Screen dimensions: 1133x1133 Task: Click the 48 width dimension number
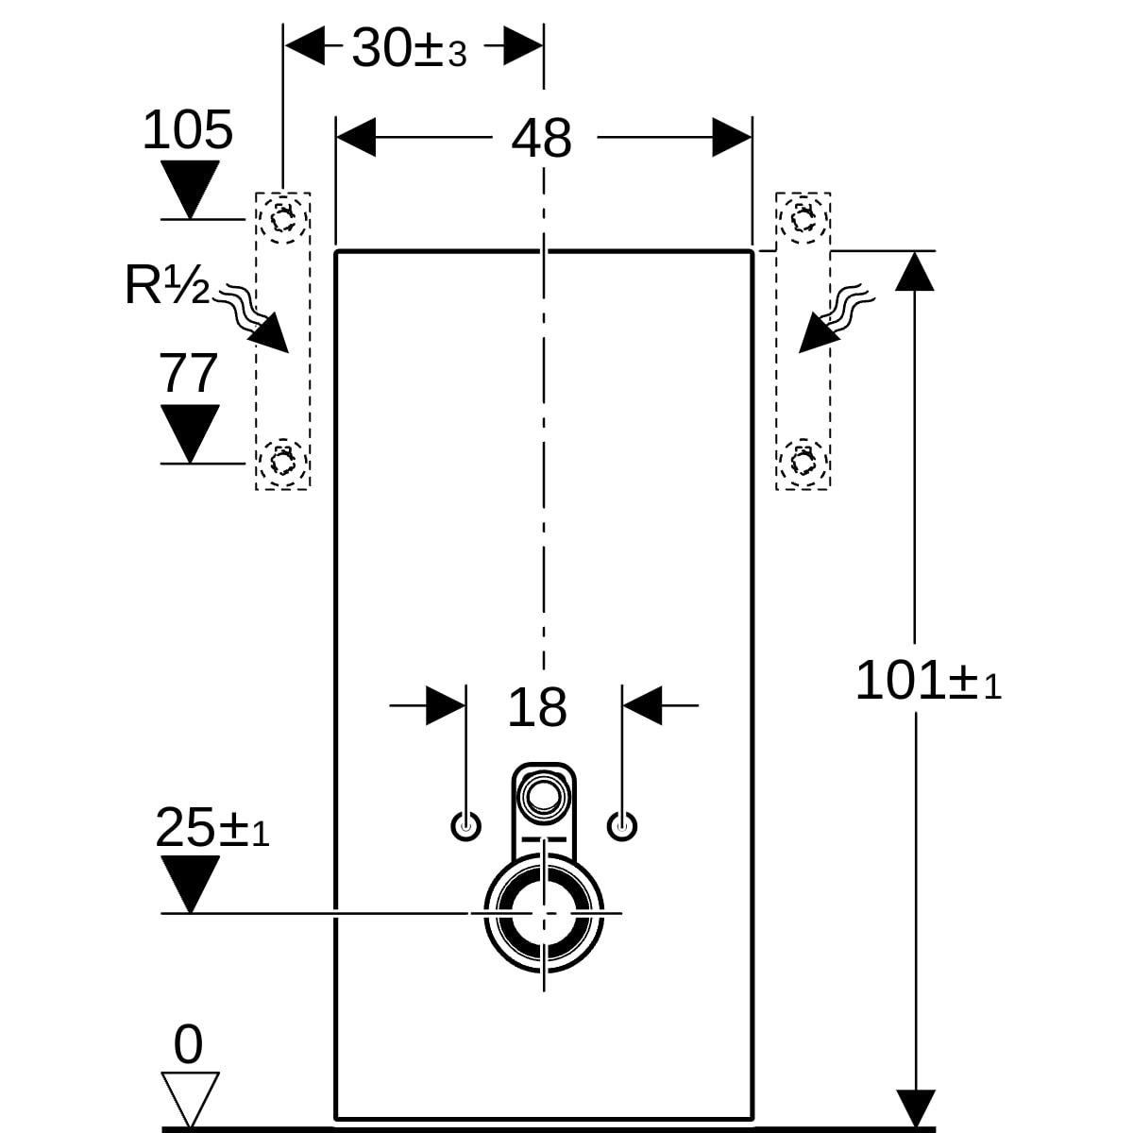tap(541, 139)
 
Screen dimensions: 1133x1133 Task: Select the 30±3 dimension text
tap(409, 48)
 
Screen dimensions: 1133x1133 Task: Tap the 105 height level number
tap(188, 129)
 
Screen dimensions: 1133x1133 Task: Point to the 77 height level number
tap(188, 373)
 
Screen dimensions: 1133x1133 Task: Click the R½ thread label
tap(167, 284)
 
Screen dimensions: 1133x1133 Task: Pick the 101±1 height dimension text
tap(928, 680)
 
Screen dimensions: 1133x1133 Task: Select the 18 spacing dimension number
tap(537, 708)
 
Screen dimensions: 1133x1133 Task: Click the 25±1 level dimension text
tap(212, 827)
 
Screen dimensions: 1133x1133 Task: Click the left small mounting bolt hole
tap(465, 827)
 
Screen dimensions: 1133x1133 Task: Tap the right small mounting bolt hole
tap(622, 827)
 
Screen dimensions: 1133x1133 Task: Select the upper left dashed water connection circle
tap(261, 219)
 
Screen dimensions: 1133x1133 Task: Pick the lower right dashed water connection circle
tap(781, 463)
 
